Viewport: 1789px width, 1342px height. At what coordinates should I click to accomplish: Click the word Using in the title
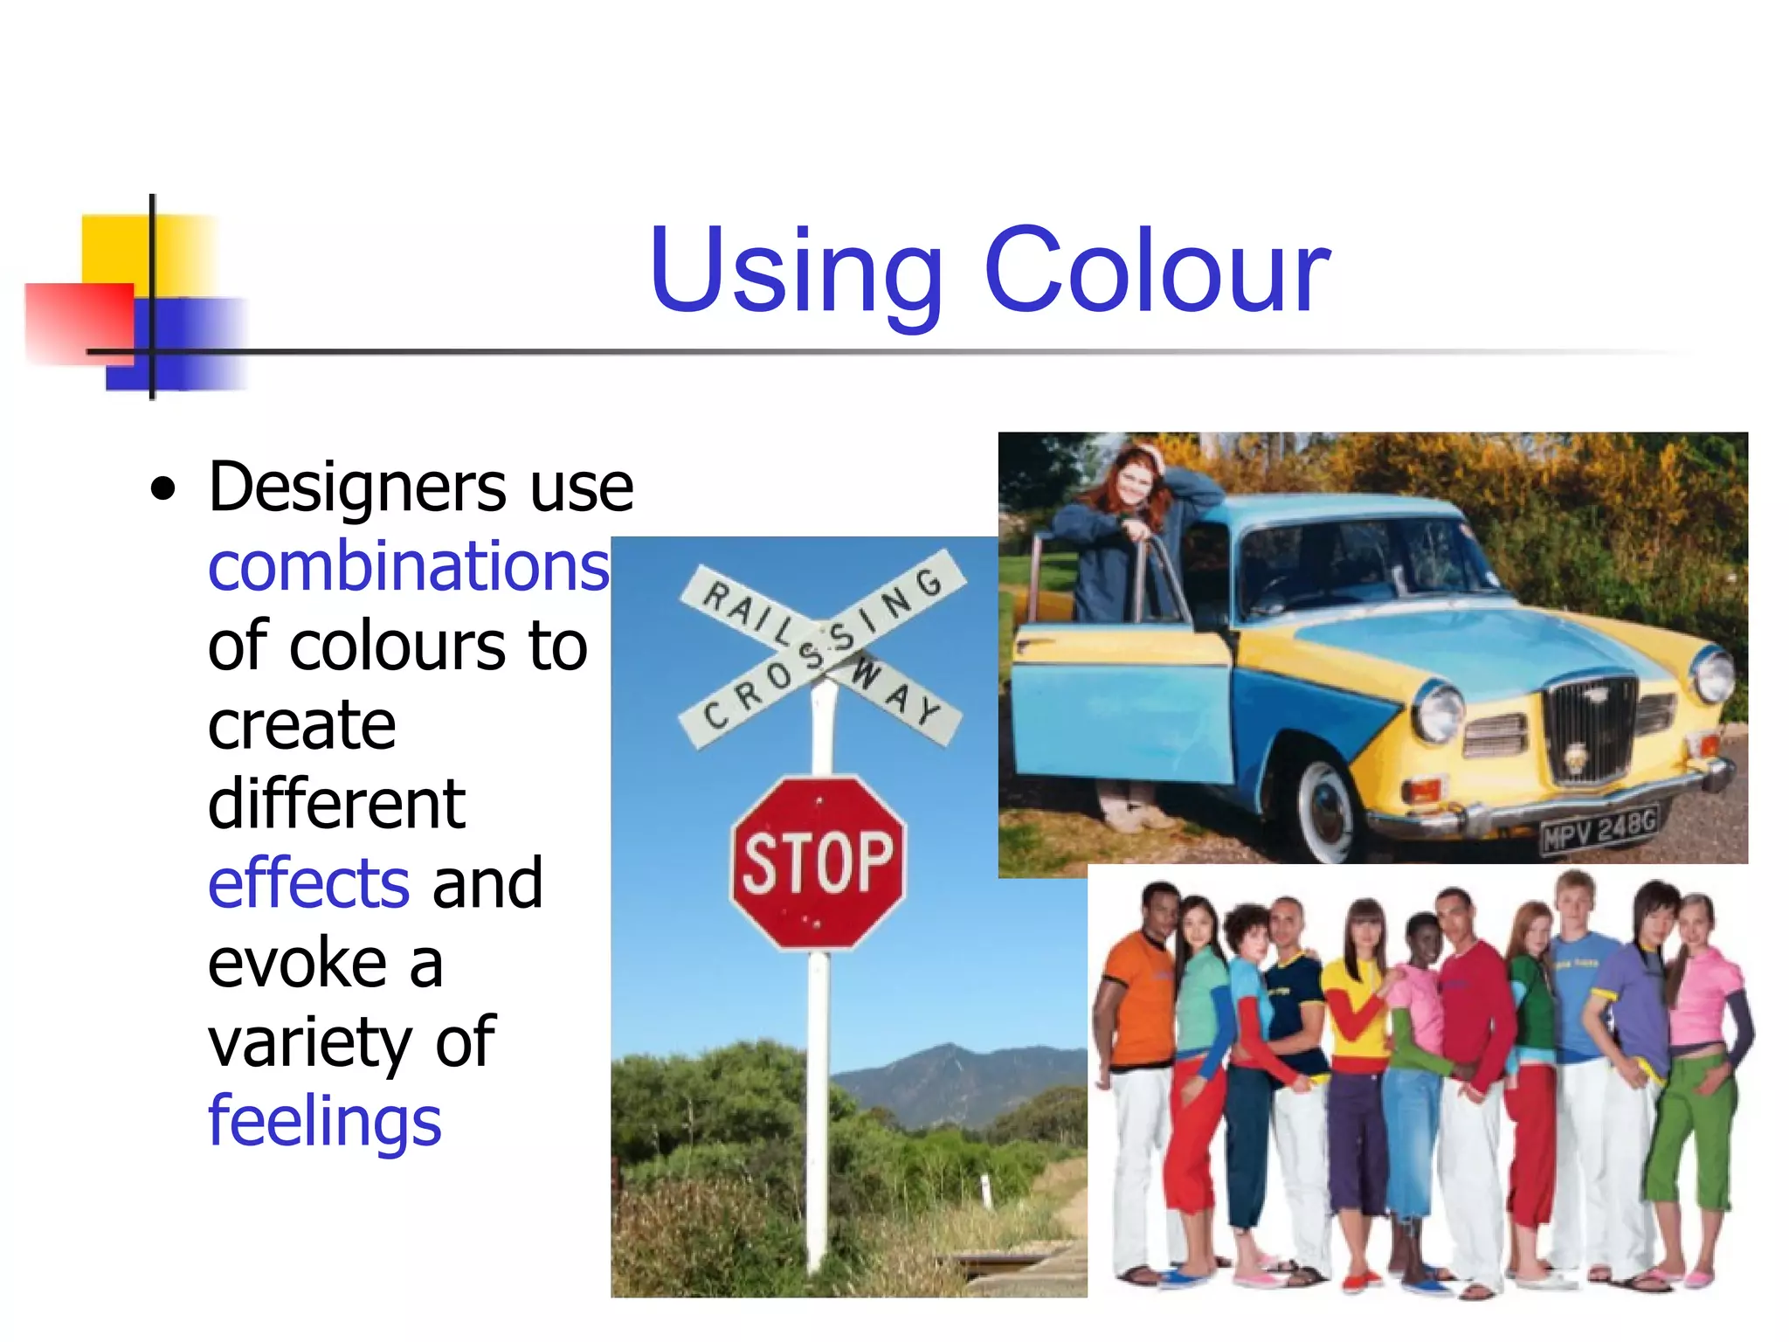tap(796, 273)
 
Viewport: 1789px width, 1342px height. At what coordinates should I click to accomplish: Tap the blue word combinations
tap(408, 566)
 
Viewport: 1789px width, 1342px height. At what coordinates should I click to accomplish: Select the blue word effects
tap(308, 883)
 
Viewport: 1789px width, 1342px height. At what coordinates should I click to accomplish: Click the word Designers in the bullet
tap(355, 487)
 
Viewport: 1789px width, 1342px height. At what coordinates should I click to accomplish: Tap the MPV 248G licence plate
tap(1599, 829)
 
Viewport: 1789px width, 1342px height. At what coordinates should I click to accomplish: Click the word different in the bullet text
tap(336, 804)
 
